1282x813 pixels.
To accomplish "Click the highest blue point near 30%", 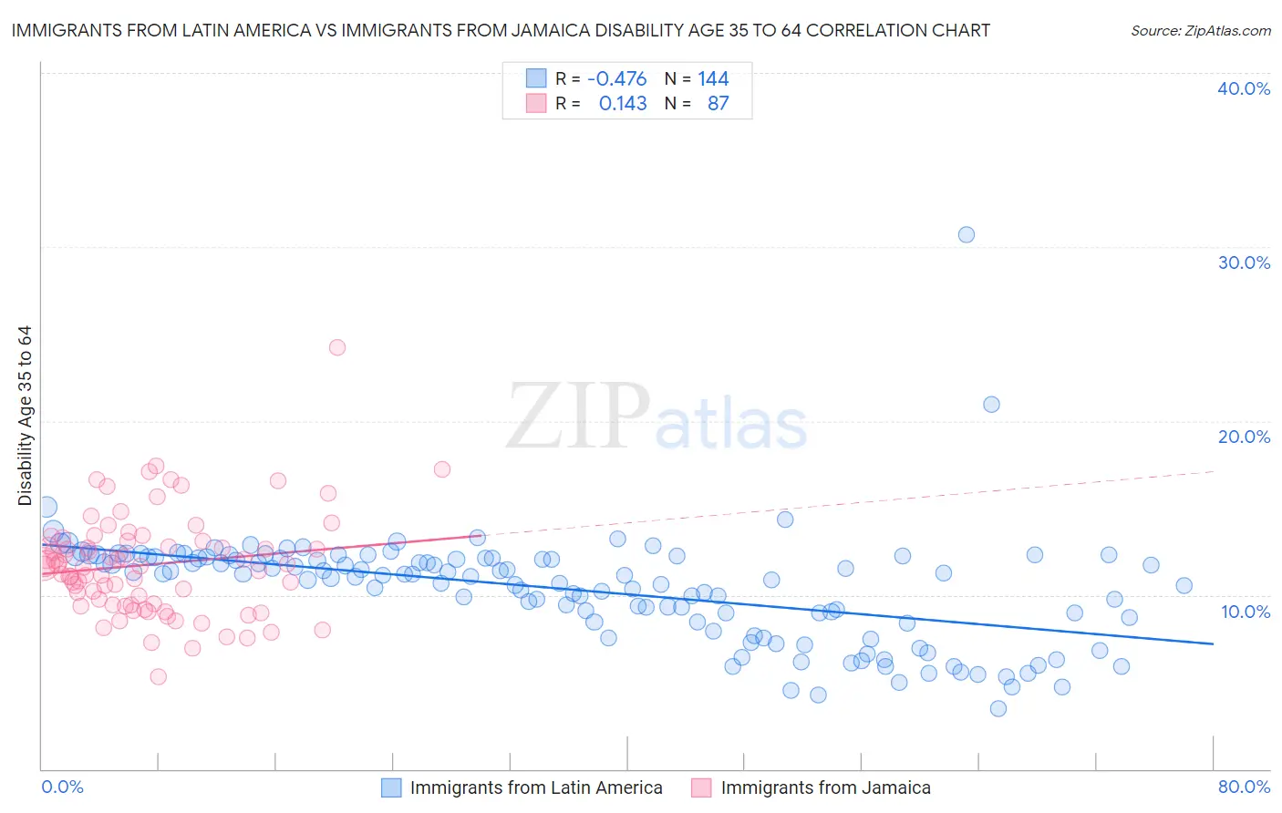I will point(967,234).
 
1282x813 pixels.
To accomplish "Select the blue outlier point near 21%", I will point(991,404).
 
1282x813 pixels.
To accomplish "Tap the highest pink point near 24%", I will point(337,347).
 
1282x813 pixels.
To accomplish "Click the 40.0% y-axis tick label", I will point(1244,88).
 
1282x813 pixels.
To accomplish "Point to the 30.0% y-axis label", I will point(1244,262).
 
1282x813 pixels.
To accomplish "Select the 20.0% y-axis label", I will point(1244,437).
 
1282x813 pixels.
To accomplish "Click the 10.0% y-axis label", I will point(1244,612).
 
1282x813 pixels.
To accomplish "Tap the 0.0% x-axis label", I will point(62,787).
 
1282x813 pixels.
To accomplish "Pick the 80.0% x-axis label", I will point(1244,787).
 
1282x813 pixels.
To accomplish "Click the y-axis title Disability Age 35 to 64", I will point(25,416).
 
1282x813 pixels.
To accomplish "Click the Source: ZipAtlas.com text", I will point(1200,30).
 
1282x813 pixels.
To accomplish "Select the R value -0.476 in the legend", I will point(617,79).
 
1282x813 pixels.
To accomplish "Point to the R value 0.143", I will point(623,104).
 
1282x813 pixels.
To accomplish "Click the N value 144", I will point(713,79).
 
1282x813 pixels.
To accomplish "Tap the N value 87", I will point(719,104).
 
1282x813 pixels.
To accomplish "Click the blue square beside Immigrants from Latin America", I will point(391,787).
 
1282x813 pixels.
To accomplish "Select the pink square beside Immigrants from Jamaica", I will point(701,787).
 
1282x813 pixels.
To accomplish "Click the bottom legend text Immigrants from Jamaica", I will point(825,787).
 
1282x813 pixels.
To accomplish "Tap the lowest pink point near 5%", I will point(158,676).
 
